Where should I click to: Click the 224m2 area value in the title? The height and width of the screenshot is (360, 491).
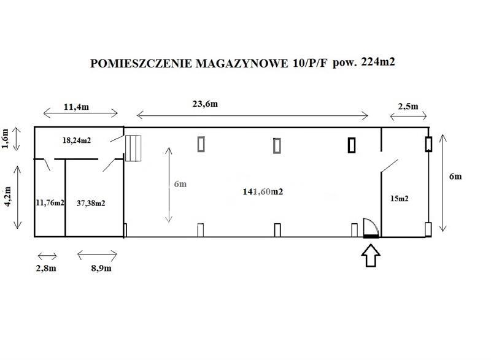click(378, 61)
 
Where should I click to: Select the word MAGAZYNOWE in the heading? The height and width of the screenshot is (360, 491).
click(242, 64)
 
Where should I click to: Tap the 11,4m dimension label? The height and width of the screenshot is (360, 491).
click(76, 107)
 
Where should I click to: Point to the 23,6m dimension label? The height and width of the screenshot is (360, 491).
click(205, 104)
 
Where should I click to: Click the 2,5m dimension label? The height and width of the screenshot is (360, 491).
click(408, 106)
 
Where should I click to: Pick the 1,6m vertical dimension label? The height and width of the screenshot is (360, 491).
click(6, 138)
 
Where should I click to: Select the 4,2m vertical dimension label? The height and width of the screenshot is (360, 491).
click(7, 196)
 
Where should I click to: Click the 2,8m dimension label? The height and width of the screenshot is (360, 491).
click(46, 268)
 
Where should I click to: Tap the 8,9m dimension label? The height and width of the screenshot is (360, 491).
click(101, 268)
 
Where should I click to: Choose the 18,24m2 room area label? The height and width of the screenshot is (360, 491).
click(77, 140)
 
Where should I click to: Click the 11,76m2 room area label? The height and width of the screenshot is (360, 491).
click(50, 202)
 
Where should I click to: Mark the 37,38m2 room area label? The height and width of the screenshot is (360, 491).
click(91, 203)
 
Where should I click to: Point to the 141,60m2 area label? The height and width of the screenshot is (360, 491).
click(263, 191)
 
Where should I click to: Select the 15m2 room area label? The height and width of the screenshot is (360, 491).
click(400, 198)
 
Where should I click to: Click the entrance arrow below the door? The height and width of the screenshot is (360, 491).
click(371, 256)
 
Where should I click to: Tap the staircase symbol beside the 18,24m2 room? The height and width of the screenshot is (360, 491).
click(133, 148)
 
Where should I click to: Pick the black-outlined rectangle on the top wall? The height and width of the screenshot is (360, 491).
click(352, 145)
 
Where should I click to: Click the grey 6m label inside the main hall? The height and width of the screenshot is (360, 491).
click(180, 184)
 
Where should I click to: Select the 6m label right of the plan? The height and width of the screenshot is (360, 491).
click(455, 177)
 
